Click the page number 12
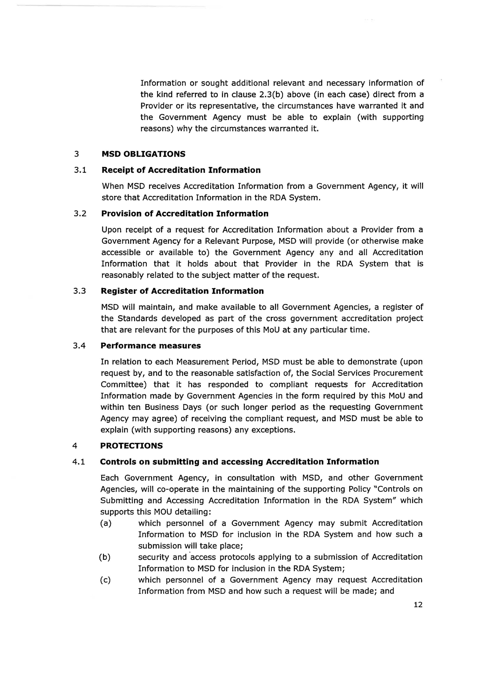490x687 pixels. coord(418,605)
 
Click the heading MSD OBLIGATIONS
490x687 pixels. coord(143,154)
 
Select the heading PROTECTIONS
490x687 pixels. coord(132,446)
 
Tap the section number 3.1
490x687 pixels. coord(79,170)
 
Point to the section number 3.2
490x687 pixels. coord(79,214)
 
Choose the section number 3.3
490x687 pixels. coord(79,291)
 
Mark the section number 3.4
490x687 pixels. coord(79,346)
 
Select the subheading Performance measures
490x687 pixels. coord(151,346)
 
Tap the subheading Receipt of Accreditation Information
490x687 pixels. coord(181,170)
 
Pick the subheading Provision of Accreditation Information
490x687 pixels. coord(185,214)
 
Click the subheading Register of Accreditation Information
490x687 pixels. coord(182,291)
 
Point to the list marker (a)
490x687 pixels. coord(106,523)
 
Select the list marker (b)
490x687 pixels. coord(105,557)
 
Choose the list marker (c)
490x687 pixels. coord(105,580)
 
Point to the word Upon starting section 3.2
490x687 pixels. coord(111,230)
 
